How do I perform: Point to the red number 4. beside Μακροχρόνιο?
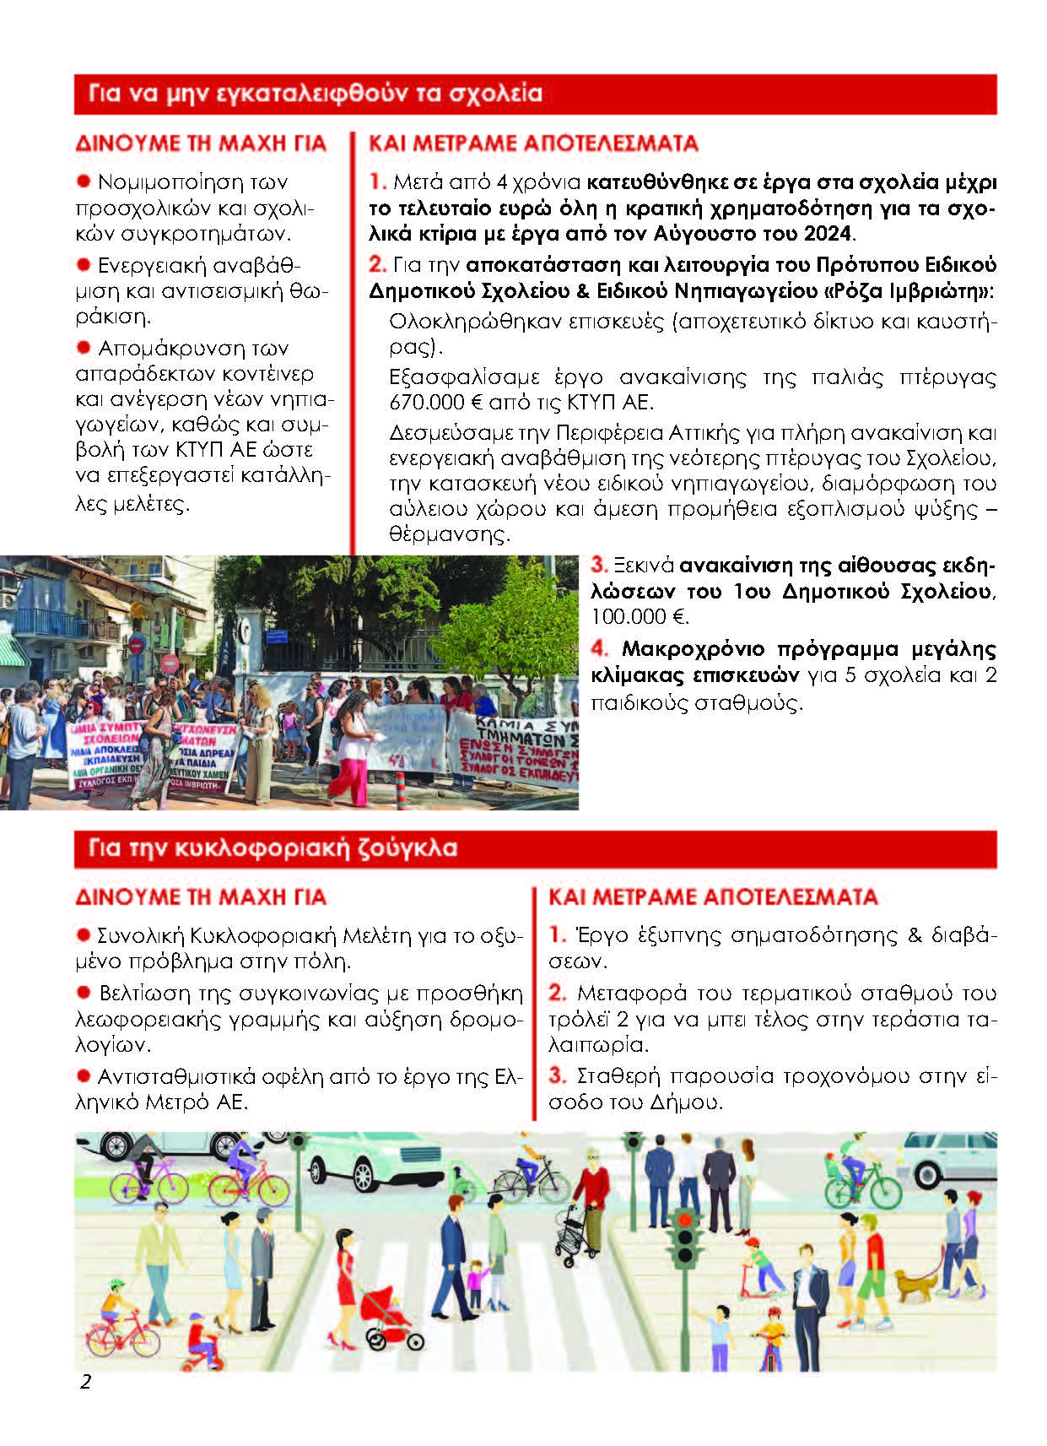(x=599, y=648)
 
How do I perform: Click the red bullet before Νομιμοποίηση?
(x=84, y=181)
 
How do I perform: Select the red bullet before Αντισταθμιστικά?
(x=84, y=1075)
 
